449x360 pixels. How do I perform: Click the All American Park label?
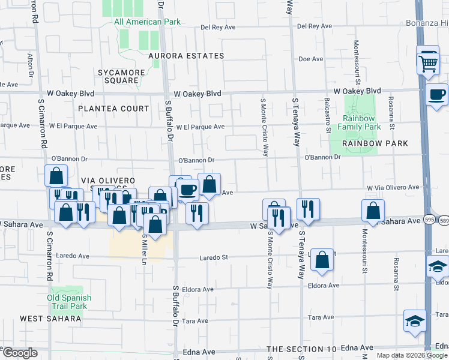pyautogui.click(x=147, y=22)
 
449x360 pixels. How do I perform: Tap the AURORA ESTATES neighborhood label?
pyautogui.click(x=186, y=56)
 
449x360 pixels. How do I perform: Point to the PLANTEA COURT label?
pyautogui.click(x=113, y=109)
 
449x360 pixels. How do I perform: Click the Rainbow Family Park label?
pyautogui.click(x=359, y=123)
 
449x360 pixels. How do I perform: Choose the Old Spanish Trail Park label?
pyautogui.click(x=70, y=302)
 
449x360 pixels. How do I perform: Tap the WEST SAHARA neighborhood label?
pyautogui.click(x=50, y=318)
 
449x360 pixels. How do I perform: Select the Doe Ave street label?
pyautogui.click(x=311, y=59)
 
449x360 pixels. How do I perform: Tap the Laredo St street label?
pyautogui.click(x=214, y=257)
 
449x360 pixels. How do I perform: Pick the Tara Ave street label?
pyautogui.click(x=320, y=317)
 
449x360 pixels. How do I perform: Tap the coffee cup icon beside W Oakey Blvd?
pyautogui.click(x=437, y=95)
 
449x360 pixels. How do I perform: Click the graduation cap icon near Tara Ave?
pyautogui.click(x=415, y=322)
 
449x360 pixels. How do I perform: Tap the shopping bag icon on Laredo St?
pyautogui.click(x=322, y=260)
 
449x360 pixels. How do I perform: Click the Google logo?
pyautogui.click(x=20, y=353)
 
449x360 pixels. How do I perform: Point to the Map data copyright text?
pyautogui.click(x=411, y=355)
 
